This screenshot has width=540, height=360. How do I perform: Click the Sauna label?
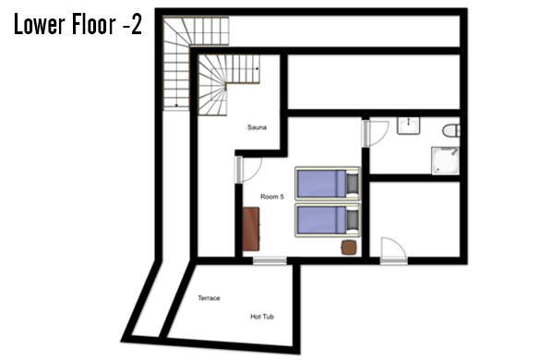pyautogui.click(x=257, y=127)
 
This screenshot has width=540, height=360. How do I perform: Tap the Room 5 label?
pyautogui.click(x=272, y=197)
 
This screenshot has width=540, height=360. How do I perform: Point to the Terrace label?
pyautogui.click(x=209, y=298)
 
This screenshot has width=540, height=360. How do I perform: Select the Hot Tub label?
pyautogui.click(x=262, y=317)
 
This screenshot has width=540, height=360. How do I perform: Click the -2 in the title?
pyautogui.click(x=132, y=25)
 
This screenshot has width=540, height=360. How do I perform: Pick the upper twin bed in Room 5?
pyautogui.click(x=328, y=184)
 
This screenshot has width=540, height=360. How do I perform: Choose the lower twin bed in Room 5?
pyautogui.click(x=328, y=221)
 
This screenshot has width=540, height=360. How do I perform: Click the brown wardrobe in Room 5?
pyautogui.click(x=251, y=229)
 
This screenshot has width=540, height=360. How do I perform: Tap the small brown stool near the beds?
pyautogui.click(x=349, y=247)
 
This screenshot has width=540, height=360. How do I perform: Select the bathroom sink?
pyautogui.click(x=408, y=126)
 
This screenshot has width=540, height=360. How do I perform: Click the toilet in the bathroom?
pyautogui.click(x=451, y=130)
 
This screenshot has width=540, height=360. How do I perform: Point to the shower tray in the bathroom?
pyautogui.click(x=445, y=161)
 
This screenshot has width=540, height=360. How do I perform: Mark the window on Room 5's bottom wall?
pyautogui.click(x=270, y=261)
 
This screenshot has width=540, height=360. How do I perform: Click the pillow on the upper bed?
pyautogui.click(x=352, y=184)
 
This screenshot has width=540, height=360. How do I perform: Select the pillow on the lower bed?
pyautogui.click(x=352, y=221)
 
